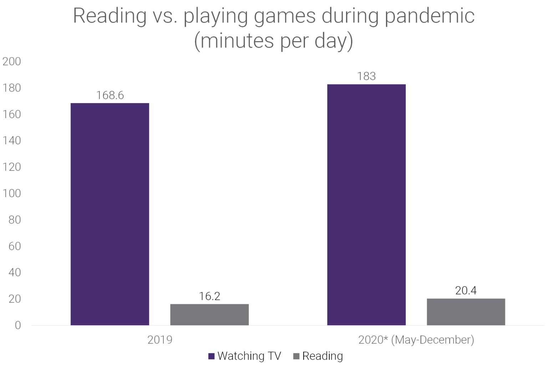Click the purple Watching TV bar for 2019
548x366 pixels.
tap(110, 214)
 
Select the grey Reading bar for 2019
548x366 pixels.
tap(209, 315)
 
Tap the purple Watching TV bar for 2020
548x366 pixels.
tap(366, 205)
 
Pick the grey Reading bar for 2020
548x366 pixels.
tap(466, 312)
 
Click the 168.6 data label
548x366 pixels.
tap(110, 95)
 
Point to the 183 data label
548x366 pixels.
tap(366, 76)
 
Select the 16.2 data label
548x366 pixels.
tap(209, 296)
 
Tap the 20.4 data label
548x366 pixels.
tap(466, 291)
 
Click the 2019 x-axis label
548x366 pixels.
tap(160, 340)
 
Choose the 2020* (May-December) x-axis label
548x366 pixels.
tap(416, 340)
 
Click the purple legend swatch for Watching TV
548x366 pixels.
tap(212, 356)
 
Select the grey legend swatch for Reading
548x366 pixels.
tap(296, 356)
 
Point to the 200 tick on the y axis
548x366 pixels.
tap(12, 61)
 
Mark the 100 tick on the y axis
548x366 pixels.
tap(12, 194)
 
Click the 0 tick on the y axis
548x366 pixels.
tap(17, 325)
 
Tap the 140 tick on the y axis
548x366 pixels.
tap(12, 141)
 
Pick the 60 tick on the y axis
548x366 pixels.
tap(15, 246)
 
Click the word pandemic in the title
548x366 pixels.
tap(429, 16)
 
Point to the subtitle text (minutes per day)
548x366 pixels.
tap(274, 41)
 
